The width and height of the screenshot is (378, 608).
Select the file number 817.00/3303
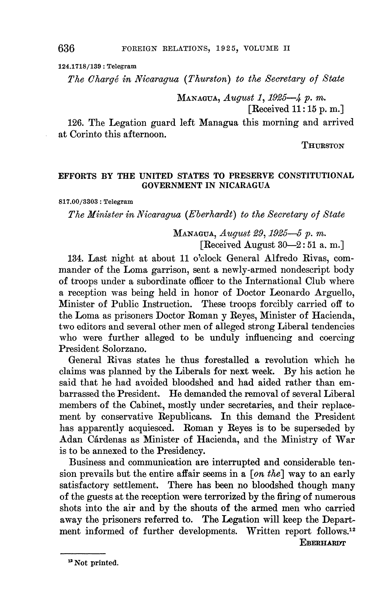[x=79, y=201]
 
